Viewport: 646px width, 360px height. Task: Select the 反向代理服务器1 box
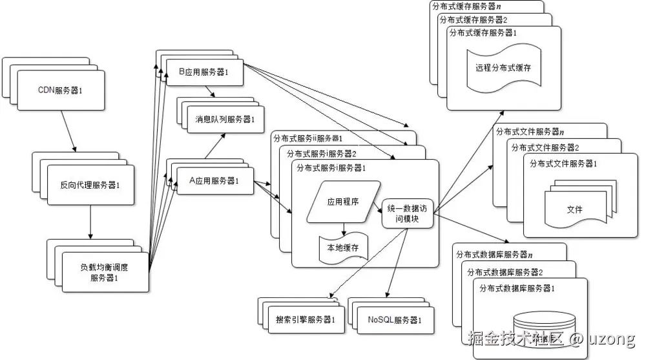(x=89, y=184)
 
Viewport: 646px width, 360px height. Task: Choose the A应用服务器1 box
(x=214, y=180)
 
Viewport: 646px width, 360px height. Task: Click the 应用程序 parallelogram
(x=342, y=202)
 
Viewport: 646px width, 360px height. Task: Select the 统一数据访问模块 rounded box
(x=407, y=213)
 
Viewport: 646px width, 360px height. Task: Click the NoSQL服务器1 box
(x=394, y=320)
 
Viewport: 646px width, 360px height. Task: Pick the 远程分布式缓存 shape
(x=503, y=67)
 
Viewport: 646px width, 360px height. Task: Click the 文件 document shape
(x=574, y=209)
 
